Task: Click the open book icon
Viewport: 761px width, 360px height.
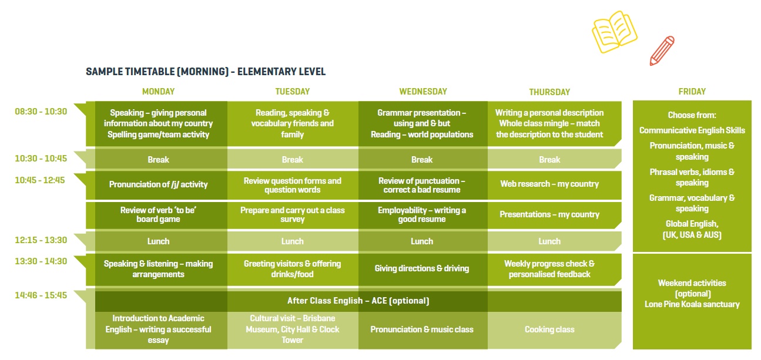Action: (614, 32)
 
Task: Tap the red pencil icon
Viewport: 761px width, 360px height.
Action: (662, 51)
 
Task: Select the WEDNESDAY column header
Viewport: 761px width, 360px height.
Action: (423, 92)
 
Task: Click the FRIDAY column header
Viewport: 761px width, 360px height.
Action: (692, 92)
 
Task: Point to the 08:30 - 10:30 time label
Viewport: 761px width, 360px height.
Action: (41, 112)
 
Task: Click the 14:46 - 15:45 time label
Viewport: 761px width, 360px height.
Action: (41, 295)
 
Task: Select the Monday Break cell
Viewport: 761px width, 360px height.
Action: (158, 160)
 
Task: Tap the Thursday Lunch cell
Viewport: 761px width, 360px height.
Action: (549, 241)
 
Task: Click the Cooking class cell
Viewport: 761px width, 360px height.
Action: (549, 329)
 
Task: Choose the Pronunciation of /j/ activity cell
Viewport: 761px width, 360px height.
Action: (158, 184)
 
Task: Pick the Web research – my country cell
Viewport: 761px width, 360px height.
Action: (549, 184)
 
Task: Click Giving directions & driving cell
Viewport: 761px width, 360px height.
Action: (422, 268)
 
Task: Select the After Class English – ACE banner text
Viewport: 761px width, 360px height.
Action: (358, 301)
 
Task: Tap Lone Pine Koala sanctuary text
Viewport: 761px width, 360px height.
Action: (692, 304)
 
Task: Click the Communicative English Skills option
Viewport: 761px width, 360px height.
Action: (692, 130)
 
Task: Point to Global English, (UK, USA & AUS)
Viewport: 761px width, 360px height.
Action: (692, 229)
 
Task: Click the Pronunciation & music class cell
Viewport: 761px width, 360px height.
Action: (422, 329)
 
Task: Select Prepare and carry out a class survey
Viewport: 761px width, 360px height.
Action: (293, 214)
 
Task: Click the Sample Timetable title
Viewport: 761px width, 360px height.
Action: (206, 72)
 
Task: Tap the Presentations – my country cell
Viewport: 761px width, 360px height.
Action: (549, 214)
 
